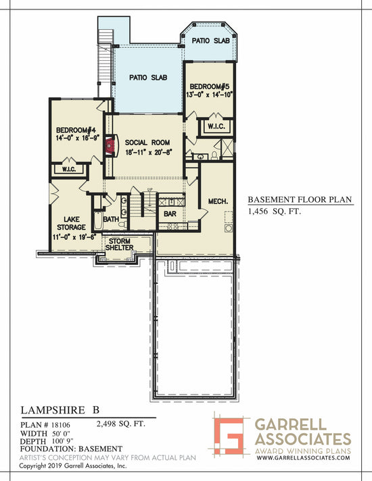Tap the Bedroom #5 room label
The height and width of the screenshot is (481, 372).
[x=210, y=87]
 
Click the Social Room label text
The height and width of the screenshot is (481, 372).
[x=147, y=143]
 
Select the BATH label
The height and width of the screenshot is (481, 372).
[x=112, y=219]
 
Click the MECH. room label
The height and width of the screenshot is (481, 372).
[x=217, y=201]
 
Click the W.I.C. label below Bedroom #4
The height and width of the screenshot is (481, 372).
[x=68, y=169]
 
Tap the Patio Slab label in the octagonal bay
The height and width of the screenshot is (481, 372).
[x=210, y=41]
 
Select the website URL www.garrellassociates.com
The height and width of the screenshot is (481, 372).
[x=303, y=457]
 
